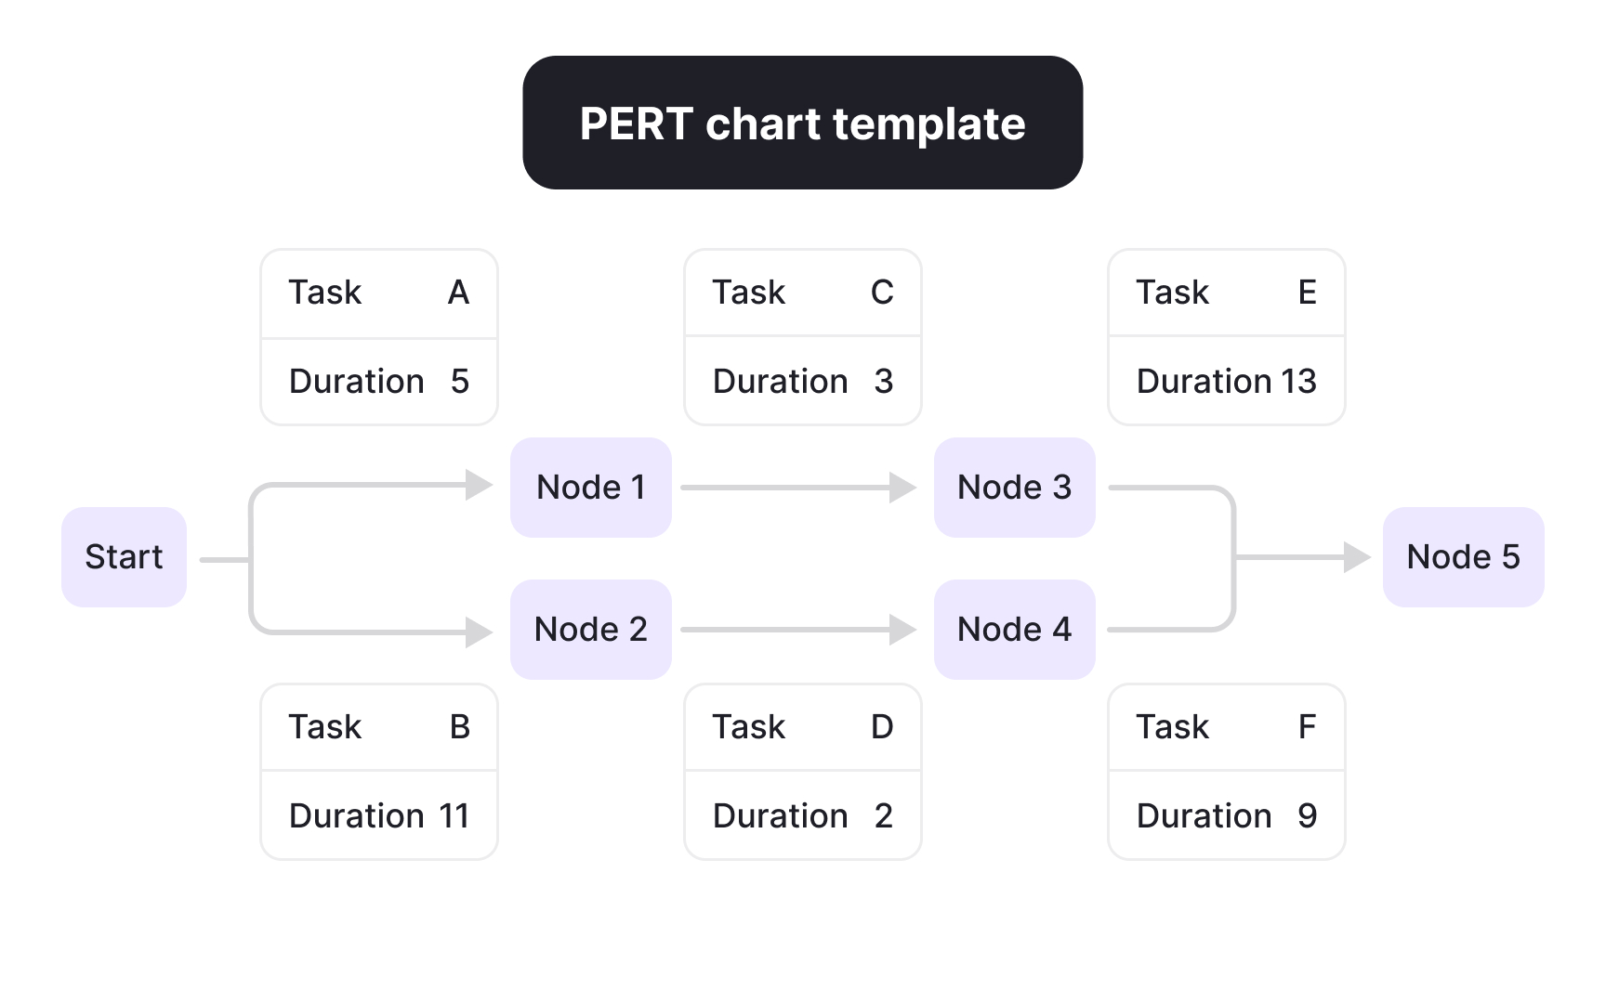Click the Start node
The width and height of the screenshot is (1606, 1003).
point(124,557)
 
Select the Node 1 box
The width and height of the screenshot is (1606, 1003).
point(590,488)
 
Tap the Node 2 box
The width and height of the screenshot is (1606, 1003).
point(590,630)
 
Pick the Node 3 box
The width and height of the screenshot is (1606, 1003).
point(1014,488)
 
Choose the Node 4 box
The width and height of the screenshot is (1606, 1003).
point(1014,630)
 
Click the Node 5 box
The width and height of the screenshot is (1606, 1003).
point(1463,557)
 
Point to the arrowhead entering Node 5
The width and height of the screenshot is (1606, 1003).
point(1357,557)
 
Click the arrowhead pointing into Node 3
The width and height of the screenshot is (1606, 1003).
point(902,488)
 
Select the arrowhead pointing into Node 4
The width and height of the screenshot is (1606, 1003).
point(902,630)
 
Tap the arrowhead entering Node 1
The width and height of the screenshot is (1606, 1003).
point(479,485)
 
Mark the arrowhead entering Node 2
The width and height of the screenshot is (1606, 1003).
point(479,632)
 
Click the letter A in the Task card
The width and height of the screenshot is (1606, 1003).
point(458,293)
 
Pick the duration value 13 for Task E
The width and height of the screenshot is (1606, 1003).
point(1298,382)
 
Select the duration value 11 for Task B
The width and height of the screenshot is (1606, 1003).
point(454,816)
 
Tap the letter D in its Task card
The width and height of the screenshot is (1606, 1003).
point(882,727)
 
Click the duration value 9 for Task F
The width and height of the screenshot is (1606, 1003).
point(1307,816)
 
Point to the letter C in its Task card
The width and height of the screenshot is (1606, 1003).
point(882,293)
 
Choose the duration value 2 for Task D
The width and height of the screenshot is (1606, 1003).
point(883,816)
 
